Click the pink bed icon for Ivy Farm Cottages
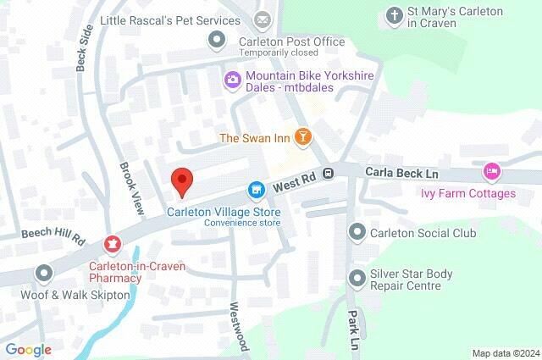click(491, 173)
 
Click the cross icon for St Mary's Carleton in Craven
click(394, 15)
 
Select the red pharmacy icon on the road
click(111, 244)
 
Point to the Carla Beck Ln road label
click(401, 172)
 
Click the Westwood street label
click(238, 327)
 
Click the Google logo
click(28, 349)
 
